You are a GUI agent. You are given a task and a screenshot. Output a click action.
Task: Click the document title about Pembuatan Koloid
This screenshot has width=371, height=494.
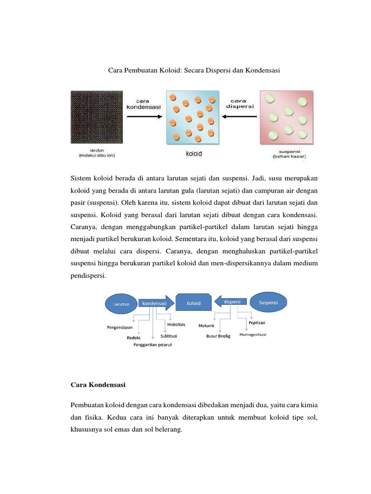[x=193, y=70]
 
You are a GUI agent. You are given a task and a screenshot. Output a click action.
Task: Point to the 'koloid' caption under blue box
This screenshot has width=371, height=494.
[x=194, y=154]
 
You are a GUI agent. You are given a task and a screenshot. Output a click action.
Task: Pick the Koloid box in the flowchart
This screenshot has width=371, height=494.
[x=194, y=303]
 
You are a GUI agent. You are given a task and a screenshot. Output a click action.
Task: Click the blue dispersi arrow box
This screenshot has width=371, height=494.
[x=231, y=302]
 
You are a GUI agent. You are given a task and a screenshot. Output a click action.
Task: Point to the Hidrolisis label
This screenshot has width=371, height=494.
[x=176, y=325]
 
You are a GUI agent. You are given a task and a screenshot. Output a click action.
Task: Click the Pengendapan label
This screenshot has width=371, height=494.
[x=120, y=327]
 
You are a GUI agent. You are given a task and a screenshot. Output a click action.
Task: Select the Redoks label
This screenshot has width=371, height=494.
[x=134, y=338]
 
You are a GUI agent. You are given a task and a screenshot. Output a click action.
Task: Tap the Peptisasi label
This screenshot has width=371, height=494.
[x=257, y=323]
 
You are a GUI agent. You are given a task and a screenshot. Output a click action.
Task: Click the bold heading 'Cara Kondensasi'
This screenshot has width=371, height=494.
[x=98, y=385]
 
